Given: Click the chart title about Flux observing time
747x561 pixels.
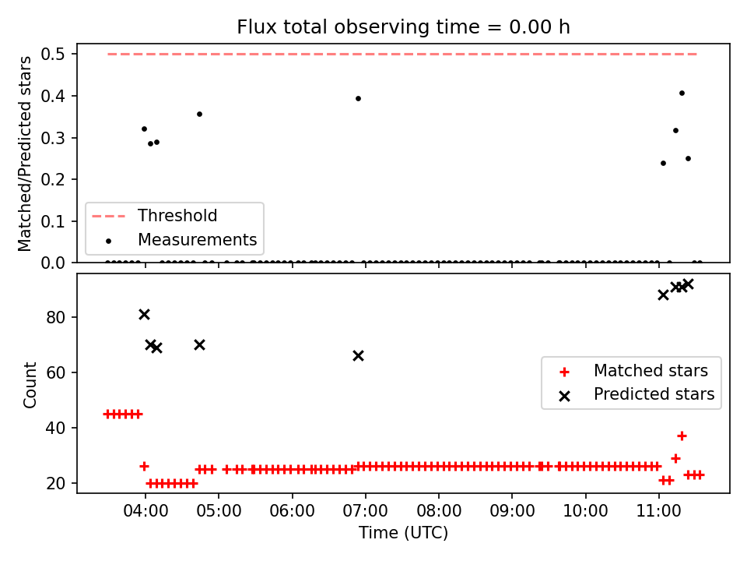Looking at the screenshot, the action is click(403, 26).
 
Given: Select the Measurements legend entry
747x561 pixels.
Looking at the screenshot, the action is click(181, 239).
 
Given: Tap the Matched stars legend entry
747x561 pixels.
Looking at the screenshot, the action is click(633, 371).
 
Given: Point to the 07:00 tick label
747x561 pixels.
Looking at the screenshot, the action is click(366, 511).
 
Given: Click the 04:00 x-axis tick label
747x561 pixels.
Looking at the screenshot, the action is click(146, 511).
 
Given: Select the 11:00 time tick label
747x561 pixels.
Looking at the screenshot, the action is click(659, 511).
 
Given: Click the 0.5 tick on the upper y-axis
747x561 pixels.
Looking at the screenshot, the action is click(52, 55).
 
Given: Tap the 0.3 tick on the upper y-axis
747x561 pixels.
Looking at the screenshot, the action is click(52, 138).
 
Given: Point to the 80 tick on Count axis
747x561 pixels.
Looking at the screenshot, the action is click(55, 317).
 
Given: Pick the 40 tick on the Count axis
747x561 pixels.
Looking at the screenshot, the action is click(55, 428).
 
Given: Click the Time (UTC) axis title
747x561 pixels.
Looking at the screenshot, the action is click(403, 532).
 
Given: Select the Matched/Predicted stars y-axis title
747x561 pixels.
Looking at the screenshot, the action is click(25, 153).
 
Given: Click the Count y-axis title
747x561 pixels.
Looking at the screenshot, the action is click(30, 385).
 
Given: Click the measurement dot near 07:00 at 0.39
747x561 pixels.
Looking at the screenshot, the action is click(358, 99).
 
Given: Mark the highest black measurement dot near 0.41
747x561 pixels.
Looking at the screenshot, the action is click(682, 93).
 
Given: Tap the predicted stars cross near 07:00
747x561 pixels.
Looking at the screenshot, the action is click(358, 356).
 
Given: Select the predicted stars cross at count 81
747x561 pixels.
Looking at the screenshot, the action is click(145, 314).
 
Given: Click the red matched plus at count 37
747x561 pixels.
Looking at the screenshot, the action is click(682, 436).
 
